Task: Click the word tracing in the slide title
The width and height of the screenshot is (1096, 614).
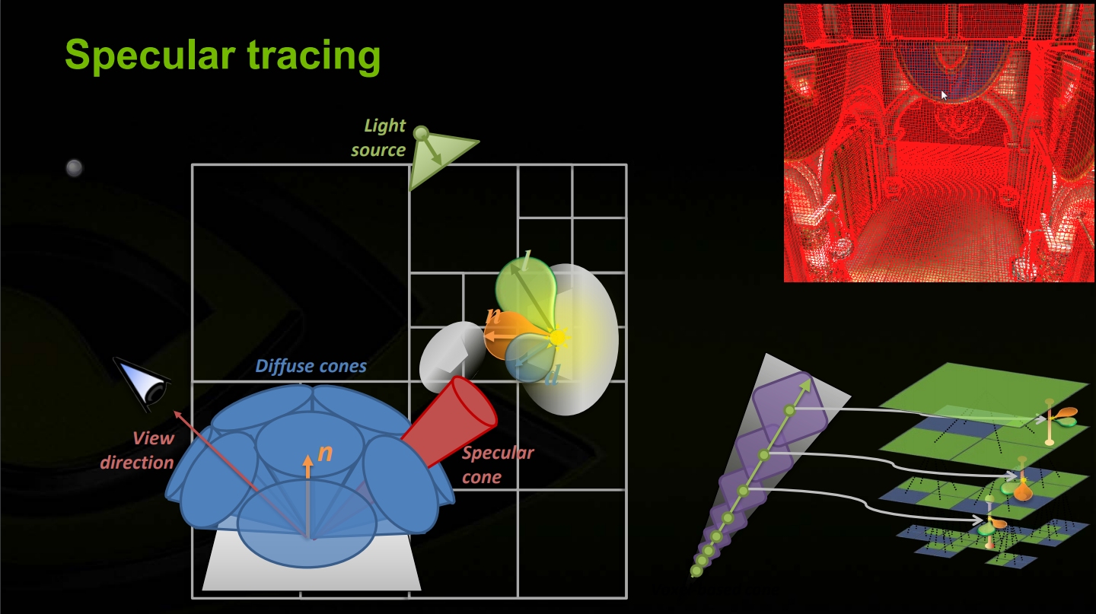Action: point(314,56)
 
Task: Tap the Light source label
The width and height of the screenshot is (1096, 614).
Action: point(379,138)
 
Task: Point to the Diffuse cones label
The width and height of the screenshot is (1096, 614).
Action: point(311,366)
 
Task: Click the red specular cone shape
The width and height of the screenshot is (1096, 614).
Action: point(450,422)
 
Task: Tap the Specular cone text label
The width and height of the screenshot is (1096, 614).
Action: point(498,464)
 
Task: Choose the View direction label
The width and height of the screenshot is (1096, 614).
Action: point(137,450)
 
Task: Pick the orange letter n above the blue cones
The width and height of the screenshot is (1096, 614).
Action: point(325,453)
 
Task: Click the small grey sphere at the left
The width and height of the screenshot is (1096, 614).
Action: point(75,168)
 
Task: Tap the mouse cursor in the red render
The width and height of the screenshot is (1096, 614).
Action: point(944,95)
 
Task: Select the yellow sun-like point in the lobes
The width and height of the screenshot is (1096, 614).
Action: point(557,338)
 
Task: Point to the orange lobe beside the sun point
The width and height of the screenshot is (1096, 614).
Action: point(509,335)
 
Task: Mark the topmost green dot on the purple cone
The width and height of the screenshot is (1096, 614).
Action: point(789,411)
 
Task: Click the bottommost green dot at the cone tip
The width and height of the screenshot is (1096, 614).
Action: point(696,571)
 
